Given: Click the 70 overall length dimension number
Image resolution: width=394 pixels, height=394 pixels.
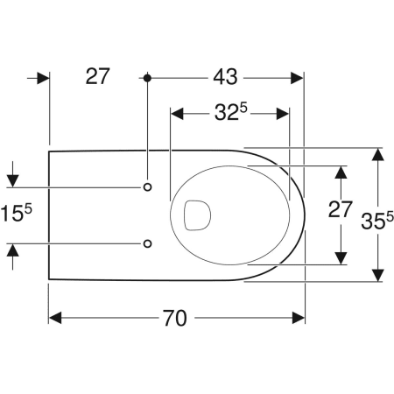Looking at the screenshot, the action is (x=174, y=318).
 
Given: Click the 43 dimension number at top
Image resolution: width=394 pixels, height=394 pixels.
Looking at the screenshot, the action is (x=225, y=77).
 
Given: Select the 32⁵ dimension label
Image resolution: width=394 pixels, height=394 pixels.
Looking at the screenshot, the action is (x=231, y=112).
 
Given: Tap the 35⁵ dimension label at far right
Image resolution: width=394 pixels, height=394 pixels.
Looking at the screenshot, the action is (x=377, y=221).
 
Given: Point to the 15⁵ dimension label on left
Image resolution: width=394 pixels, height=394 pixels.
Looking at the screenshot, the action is (x=16, y=213).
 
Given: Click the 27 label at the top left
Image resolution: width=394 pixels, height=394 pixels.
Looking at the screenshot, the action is (x=97, y=76).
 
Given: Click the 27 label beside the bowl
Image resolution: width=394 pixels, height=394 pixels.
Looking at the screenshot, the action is (x=341, y=209).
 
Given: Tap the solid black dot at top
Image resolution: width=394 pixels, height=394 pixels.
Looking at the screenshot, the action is (x=147, y=78).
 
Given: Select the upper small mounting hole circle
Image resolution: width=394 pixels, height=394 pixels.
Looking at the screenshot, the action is (x=148, y=186).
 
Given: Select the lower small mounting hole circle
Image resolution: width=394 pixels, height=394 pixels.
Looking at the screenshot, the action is (x=148, y=243).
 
